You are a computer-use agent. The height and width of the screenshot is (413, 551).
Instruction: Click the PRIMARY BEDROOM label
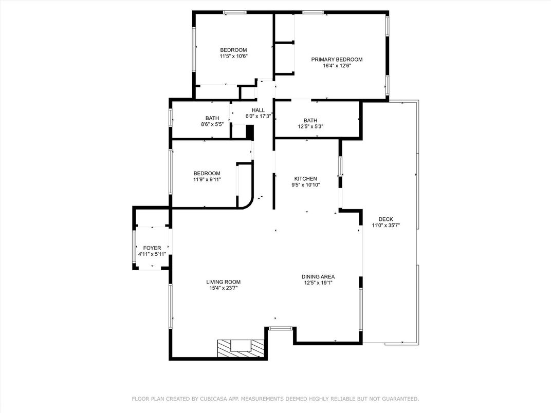tap(337, 60)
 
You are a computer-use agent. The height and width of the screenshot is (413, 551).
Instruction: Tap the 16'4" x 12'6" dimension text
tap(337, 65)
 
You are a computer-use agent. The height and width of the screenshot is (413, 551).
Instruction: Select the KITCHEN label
tap(306, 179)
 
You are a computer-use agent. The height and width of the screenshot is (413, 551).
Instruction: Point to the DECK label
tap(386, 219)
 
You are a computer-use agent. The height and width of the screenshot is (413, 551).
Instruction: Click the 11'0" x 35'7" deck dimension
tap(386, 225)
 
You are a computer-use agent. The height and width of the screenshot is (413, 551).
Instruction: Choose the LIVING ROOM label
tap(224, 281)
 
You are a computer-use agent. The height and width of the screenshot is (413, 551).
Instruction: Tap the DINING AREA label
tap(318, 277)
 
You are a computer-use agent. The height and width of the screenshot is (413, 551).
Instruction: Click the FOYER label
tap(152, 248)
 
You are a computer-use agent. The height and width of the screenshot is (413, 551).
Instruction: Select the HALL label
tap(258, 110)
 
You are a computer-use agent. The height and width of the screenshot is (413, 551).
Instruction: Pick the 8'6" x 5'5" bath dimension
tap(212, 124)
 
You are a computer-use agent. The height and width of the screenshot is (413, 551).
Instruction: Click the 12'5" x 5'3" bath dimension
tap(310, 126)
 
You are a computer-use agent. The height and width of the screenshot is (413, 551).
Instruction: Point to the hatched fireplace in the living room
tap(241, 348)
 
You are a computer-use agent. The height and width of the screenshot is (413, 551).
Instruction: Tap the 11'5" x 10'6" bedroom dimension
tap(234, 56)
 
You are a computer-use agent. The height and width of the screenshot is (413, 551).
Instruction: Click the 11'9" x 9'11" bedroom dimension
tap(207, 179)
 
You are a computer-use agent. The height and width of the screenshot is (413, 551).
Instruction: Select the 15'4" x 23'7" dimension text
tap(224, 288)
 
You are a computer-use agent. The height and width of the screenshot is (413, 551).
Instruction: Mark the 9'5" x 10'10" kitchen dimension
tap(306, 185)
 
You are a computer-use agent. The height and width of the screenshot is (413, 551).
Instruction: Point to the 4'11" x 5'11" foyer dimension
tap(152, 254)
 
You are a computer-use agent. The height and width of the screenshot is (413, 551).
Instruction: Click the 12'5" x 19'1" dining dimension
tap(318, 283)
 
